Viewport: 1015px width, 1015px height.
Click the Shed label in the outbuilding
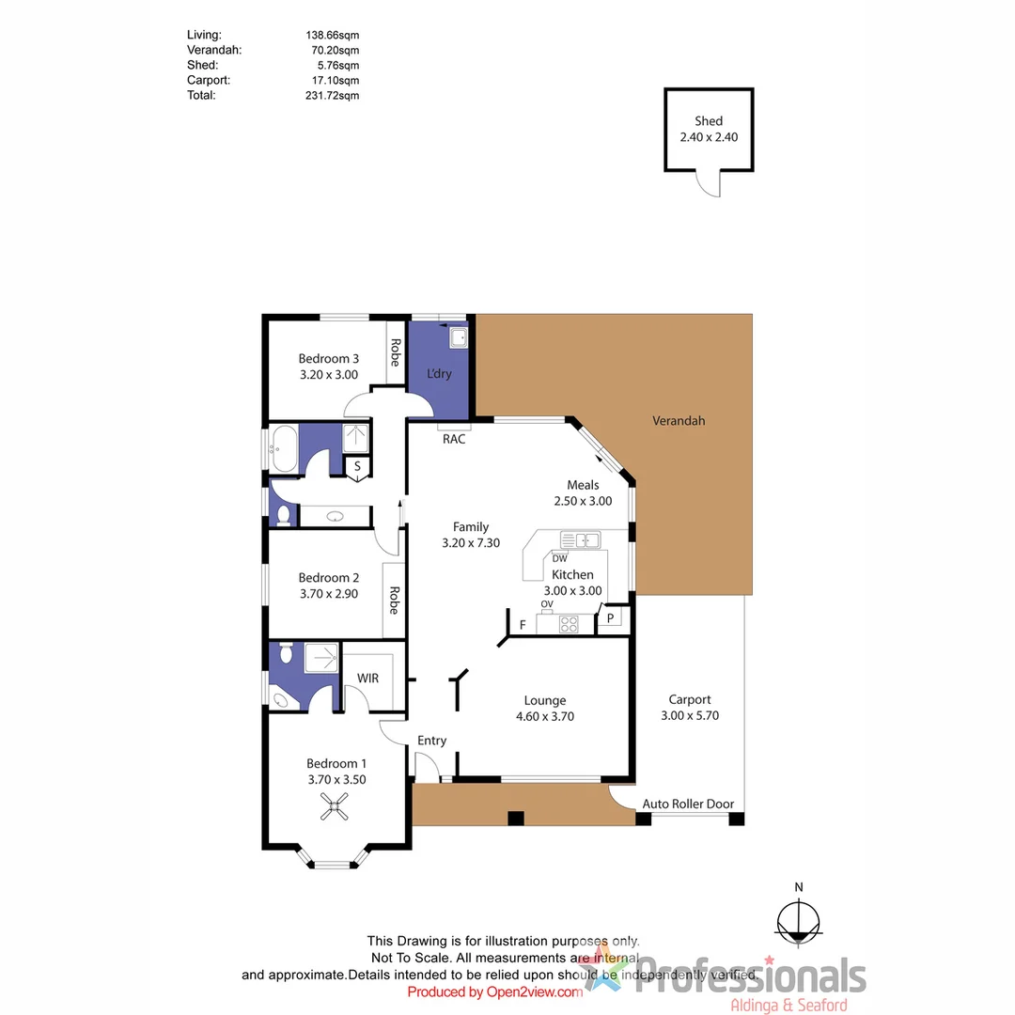[x=709, y=121]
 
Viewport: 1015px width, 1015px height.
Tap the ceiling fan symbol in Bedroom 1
[x=335, y=804]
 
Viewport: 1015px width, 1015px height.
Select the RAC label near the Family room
[x=454, y=439]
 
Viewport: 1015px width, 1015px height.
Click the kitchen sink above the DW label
[x=580, y=539]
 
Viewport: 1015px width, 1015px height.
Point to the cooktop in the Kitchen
[x=569, y=623]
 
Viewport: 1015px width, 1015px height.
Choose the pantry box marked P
[x=610, y=617]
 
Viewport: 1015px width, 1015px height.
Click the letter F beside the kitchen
[x=522, y=624]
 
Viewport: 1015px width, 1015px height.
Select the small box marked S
[x=358, y=466]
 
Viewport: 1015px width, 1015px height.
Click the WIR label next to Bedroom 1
[x=367, y=678]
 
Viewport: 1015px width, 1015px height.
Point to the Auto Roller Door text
[x=688, y=804]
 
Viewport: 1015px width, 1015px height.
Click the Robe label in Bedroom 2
[x=394, y=601]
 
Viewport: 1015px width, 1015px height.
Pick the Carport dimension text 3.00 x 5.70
[x=690, y=715]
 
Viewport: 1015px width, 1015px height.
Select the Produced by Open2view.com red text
[x=495, y=992]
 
